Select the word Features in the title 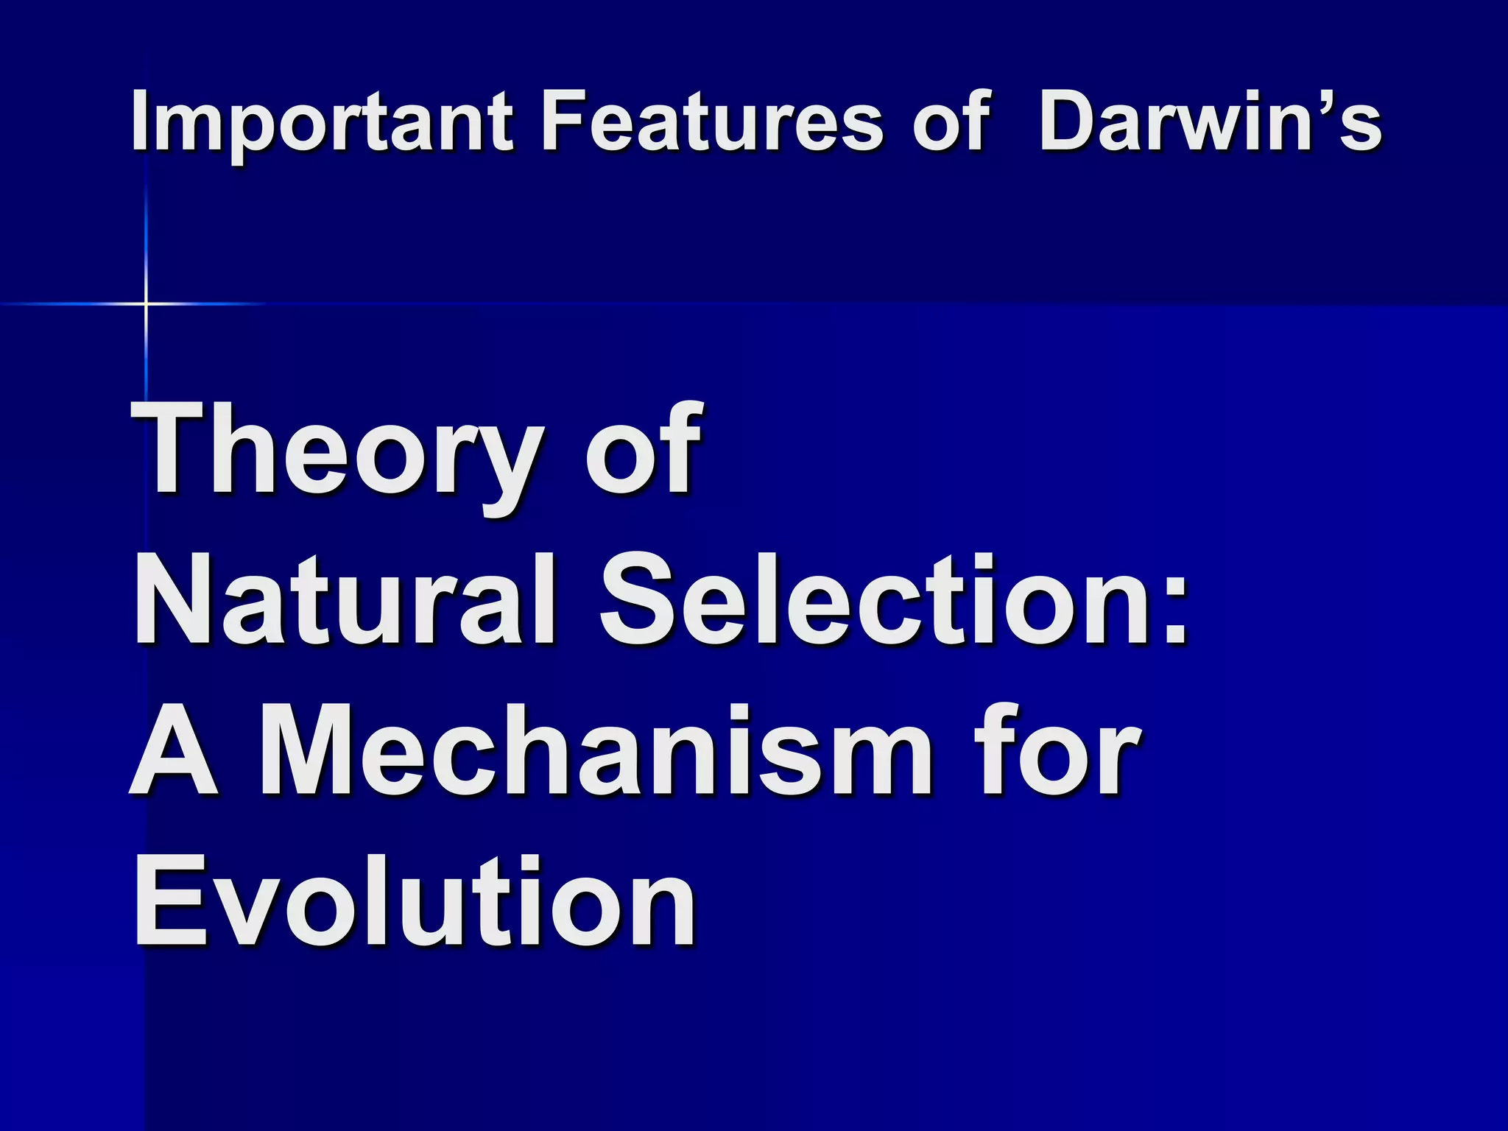[711, 121]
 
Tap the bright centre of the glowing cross [146, 303]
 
